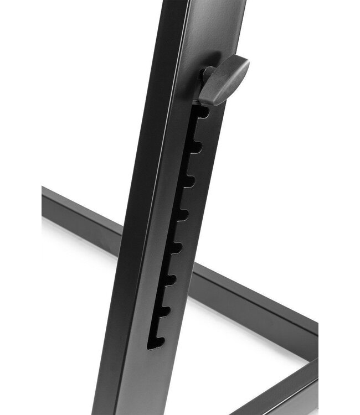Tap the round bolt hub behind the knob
[x=207, y=75]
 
